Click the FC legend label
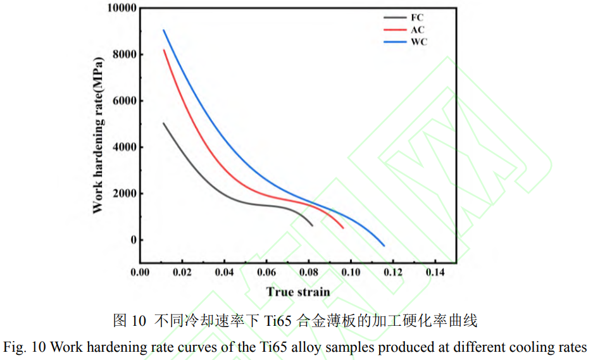pos(417,18)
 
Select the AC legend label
pos(418,30)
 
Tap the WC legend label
pos(419,42)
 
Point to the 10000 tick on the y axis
pos(120,8)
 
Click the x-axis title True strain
pos(298,292)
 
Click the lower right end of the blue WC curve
pos(384,245)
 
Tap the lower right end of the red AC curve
pos(343,228)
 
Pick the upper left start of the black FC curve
pos(163,123)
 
